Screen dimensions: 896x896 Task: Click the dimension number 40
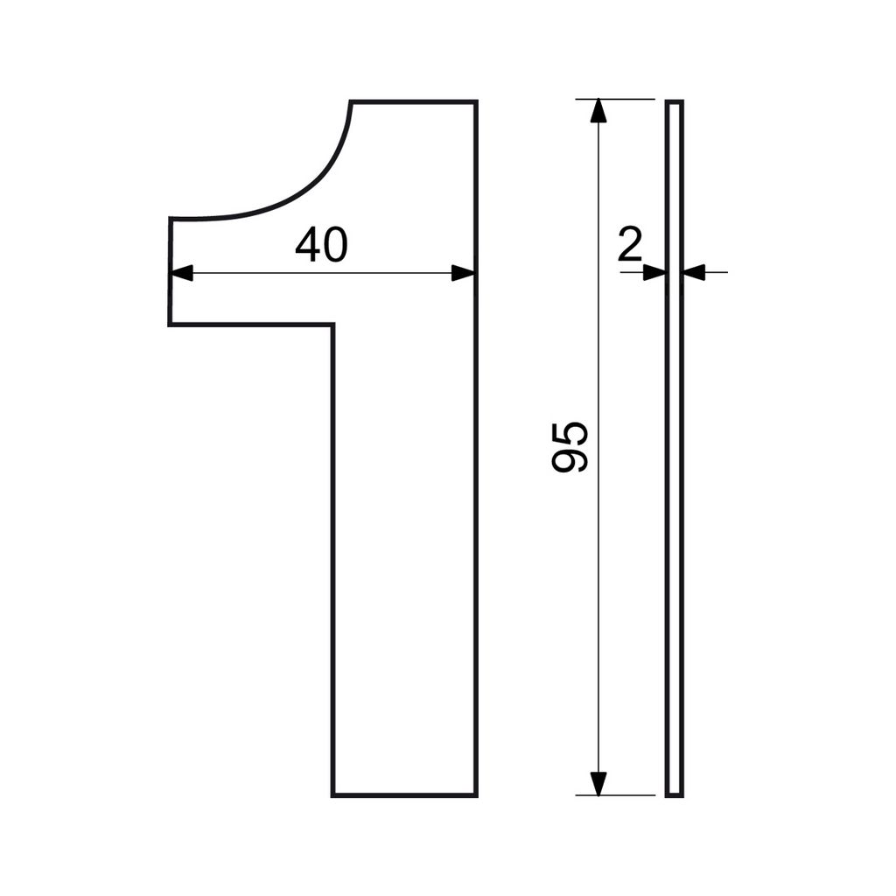(x=321, y=245)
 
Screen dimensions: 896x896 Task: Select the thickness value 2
(x=630, y=245)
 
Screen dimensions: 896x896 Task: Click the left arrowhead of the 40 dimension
(x=182, y=273)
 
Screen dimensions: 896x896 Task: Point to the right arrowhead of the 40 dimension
(x=463, y=273)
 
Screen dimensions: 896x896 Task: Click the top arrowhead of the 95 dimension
(x=598, y=111)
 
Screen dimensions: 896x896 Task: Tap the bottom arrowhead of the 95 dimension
(x=598, y=783)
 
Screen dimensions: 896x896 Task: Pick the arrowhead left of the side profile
(x=654, y=273)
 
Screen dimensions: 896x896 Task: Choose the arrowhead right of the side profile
(x=695, y=273)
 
